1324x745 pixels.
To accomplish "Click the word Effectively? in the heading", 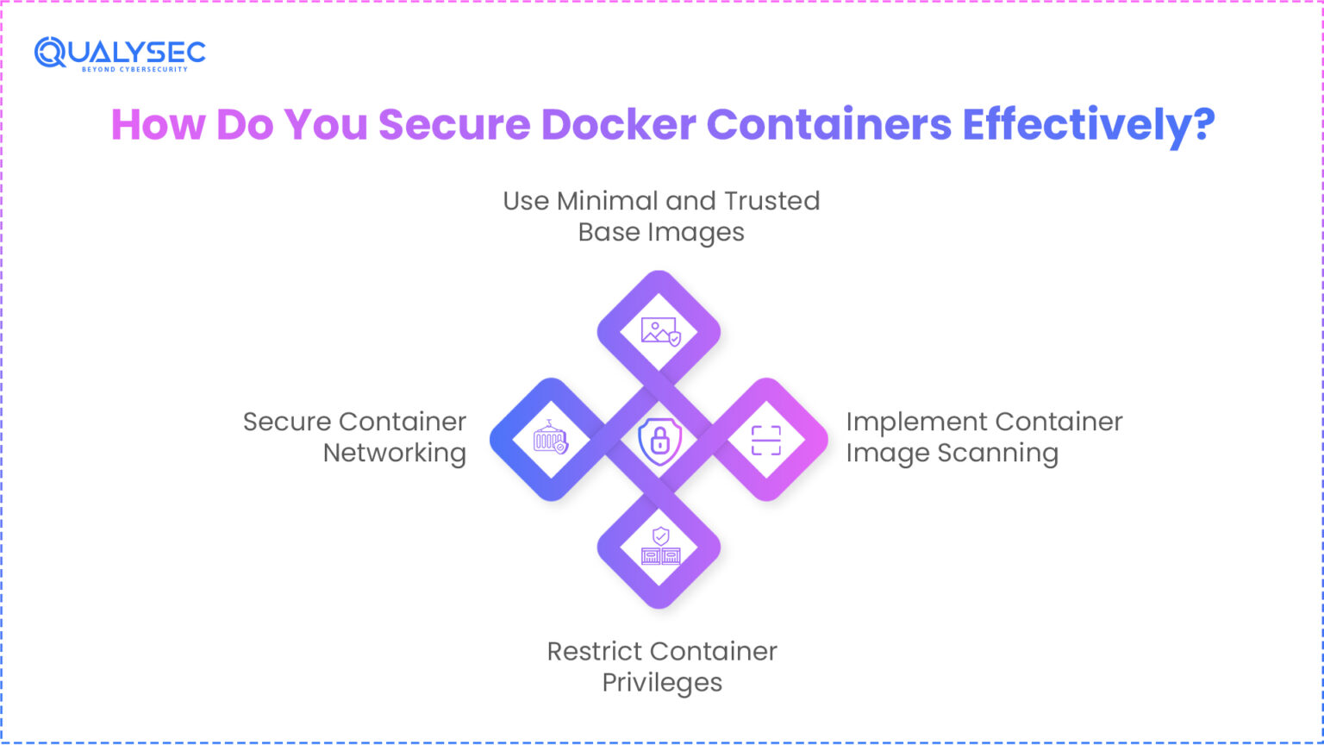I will (1089, 124).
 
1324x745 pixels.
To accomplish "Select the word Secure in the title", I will (454, 124).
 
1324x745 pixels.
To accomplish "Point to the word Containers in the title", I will (828, 124).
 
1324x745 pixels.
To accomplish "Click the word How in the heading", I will (159, 124).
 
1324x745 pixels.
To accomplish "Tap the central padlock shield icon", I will (659, 440).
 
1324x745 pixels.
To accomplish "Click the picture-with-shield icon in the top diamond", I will (659, 332).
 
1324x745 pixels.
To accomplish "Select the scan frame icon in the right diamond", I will (766, 440).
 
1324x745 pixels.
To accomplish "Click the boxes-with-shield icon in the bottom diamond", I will (659, 547).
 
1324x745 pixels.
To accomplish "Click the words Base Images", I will (661, 232).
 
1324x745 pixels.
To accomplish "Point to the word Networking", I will (395, 453).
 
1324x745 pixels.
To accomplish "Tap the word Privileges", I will (662, 682).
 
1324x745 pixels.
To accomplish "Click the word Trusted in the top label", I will (771, 201).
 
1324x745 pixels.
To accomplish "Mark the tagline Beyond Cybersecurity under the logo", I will (134, 69).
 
